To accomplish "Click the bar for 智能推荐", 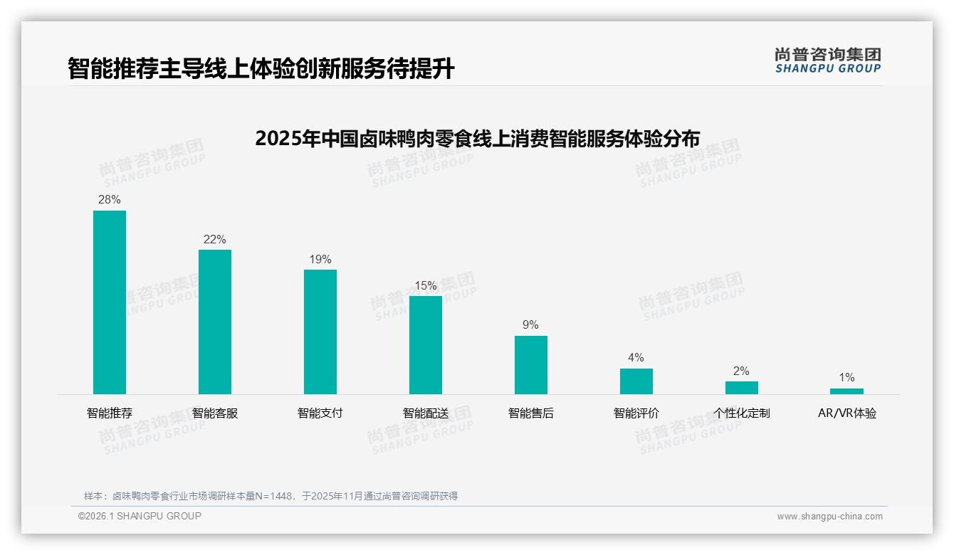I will (110, 302).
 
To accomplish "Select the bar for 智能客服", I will (215, 322).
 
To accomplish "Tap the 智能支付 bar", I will (320, 332).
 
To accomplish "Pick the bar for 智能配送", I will (426, 344).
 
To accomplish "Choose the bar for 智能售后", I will (531, 364).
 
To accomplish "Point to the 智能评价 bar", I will (636, 381).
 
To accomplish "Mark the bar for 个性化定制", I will (742, 387).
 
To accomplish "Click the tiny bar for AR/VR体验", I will (846, 391).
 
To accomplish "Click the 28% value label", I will (110, 200).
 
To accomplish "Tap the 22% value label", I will (215, 240).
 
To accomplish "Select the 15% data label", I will (426, 286).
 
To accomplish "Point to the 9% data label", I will (531, 325).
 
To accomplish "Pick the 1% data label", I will (846, 378).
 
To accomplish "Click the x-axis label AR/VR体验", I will (846, 413).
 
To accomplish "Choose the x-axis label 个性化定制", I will (742, 413).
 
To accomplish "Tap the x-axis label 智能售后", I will (531, 413).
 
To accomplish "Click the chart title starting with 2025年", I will (477, 138).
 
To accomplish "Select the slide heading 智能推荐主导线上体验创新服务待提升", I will (261, 68).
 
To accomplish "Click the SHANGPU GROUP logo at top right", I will (827, 60).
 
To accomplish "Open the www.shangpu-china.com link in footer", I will (829, 517).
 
